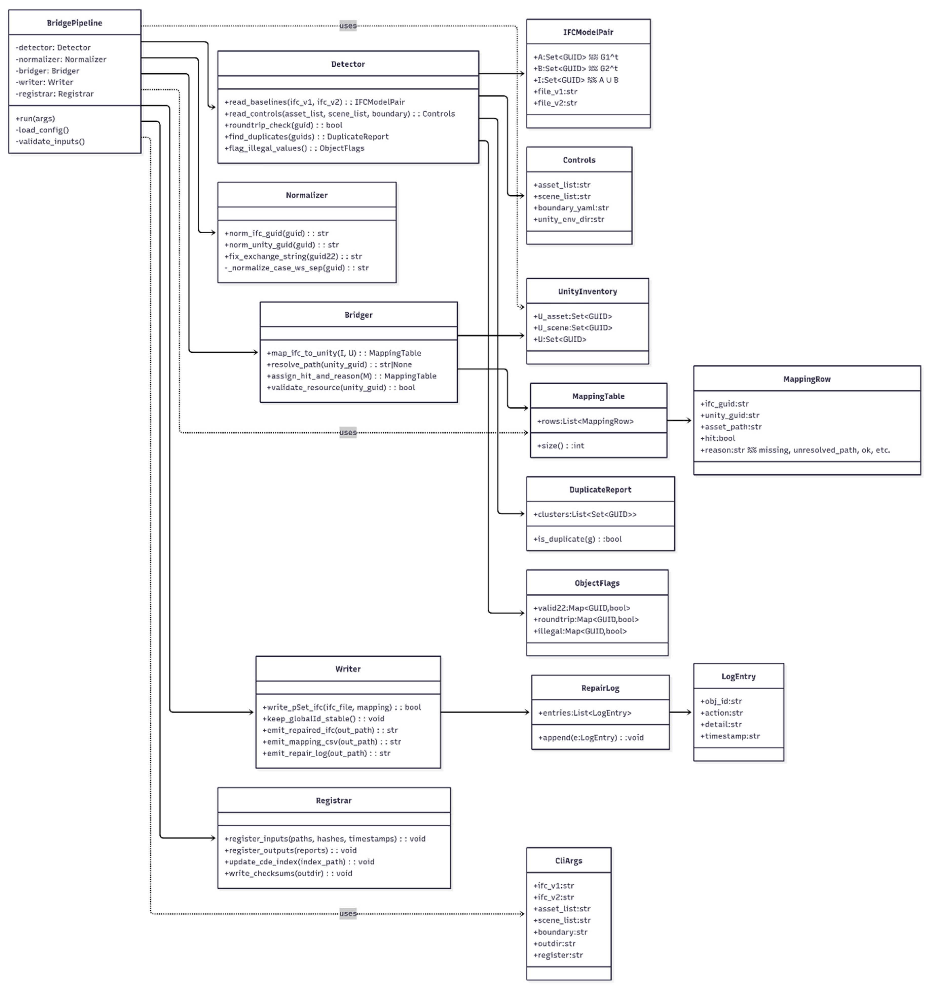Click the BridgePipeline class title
click(x=74, y=23)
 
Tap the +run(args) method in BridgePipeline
click(x=35, y=119)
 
